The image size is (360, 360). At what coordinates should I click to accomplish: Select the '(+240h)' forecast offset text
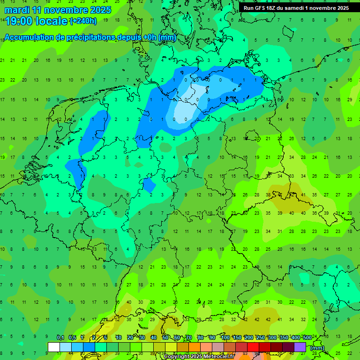pos(83,21)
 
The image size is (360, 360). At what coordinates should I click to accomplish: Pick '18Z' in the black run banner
pos(274,8)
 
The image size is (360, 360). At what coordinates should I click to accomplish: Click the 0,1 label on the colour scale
pos(60,337)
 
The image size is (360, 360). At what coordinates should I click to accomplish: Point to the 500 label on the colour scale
pos(307,337)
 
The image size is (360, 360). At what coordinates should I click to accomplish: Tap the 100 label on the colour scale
pos(225,337)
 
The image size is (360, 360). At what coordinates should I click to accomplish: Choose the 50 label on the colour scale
pos(165,337)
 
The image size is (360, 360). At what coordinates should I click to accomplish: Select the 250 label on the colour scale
pos(260,337)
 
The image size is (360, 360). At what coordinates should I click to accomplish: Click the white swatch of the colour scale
pos(54,347)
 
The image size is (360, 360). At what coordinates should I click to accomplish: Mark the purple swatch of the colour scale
pos(300,347)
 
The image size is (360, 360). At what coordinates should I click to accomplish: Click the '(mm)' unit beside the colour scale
pos(318,348)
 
